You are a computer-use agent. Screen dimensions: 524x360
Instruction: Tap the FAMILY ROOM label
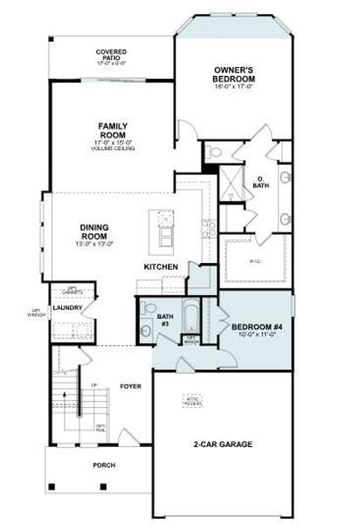tap(114, 130)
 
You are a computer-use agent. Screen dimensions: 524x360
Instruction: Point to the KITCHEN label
tap(162, 266)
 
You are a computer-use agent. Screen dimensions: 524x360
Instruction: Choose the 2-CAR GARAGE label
tap(223, 445)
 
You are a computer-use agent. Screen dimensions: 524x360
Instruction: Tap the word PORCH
tap(104, 465)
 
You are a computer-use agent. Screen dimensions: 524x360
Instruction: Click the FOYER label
tap(131, 384)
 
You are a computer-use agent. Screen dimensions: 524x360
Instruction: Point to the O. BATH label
tap(261, 182)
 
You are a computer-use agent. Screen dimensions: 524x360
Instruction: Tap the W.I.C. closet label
tap(254, 259)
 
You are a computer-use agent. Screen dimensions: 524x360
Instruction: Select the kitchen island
tap(163, 229)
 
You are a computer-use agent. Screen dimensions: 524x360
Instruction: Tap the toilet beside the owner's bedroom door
tap(214, 154)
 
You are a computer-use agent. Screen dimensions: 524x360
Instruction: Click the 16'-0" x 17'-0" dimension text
tap(234, 88)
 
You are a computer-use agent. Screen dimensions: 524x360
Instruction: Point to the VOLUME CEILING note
tap(114, 148)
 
